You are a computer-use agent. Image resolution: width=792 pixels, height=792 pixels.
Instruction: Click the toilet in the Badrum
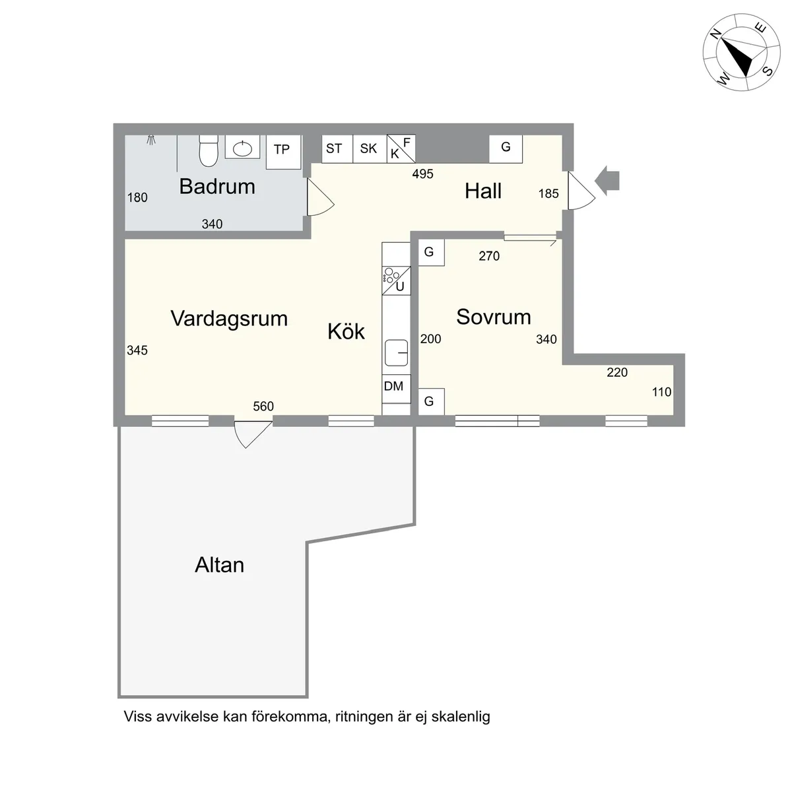click(x=209, y=151)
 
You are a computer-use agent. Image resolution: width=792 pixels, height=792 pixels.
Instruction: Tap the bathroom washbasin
click(x=242, y=148)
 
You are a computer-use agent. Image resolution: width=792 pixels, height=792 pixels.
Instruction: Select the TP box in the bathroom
click(x=284, y=152)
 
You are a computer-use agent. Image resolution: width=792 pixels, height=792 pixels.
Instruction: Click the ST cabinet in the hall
click(x=337, y=148)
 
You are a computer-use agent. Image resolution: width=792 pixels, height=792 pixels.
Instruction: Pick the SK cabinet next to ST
click(x=370, y=148)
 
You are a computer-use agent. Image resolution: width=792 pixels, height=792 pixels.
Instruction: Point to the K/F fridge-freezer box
click(x=401, y=148)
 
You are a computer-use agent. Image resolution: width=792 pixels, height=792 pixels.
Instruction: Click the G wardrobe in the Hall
click(x=506, y=148)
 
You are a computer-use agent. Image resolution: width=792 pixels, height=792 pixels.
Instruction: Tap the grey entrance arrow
click(x=607, y=180)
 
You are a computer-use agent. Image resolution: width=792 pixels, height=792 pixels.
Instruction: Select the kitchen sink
click(x=396, y=352)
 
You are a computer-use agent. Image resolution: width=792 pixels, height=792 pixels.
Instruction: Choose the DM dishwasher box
click(x=396, y=388)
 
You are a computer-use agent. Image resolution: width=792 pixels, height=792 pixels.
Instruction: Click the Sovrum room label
click(x=494, y=317)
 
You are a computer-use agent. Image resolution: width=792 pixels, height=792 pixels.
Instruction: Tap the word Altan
click(x=220, y=565)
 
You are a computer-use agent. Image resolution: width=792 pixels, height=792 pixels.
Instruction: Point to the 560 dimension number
click(x=263, y=407)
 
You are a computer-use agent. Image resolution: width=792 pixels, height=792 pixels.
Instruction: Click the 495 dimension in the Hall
click(x=423, y=174)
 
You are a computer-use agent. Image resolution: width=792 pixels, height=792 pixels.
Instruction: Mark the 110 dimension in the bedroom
click(x=662, y=392)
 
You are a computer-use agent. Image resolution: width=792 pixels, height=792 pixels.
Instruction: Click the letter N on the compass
click(x=716, y=34)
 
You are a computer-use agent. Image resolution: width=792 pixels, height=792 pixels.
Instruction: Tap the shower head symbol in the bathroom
click(x=151, y=140)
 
